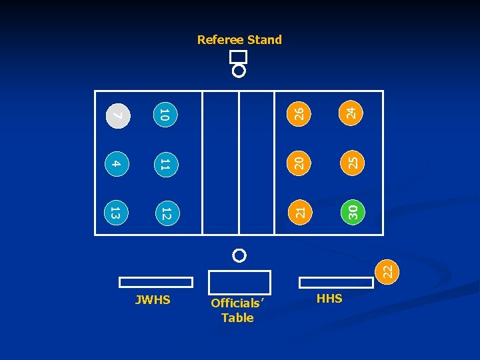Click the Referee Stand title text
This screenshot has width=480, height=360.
[x=239, y=40]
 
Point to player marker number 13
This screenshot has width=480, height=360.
[x=115, y=213]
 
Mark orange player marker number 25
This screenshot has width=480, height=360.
[x=353, y=162]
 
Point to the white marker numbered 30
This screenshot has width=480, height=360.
[x=353, y=212]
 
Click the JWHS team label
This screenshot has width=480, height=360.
[x=153, y=300]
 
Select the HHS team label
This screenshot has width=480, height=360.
[x=329, y=299]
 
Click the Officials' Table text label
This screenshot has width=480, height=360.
[x=238, y=311]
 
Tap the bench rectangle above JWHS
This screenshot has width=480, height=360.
[x=156, y=282]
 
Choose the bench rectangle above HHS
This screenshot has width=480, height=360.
[x=335, y=282]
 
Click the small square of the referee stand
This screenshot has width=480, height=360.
[x=239, y=57]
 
